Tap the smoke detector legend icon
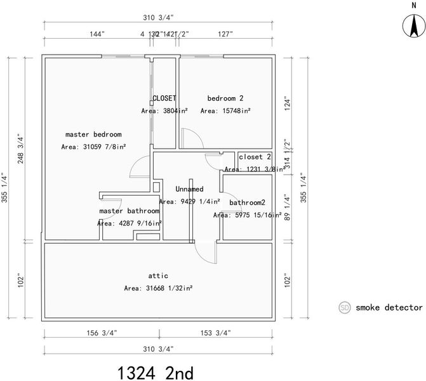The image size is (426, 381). tap(345, 307)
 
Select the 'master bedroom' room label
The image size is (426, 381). tap(93, 135)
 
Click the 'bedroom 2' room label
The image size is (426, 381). tap(225, 98)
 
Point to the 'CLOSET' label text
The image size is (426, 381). tap(164, 98)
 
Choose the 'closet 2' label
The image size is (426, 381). tap(255, 157)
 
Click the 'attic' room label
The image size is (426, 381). tap(158, 276)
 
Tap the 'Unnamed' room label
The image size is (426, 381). tap(189, 189)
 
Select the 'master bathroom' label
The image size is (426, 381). tap(129, 211)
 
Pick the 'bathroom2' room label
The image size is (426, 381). tap(247, 203)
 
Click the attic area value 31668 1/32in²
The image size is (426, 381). tap(159, 288)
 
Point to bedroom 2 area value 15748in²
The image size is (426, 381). tap(225, 110)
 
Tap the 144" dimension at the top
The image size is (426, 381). tap(97, 34)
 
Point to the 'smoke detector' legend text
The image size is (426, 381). tap(389, 307)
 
